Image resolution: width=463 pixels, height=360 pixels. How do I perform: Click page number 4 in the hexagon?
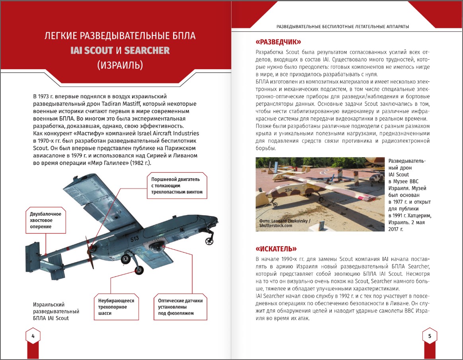(33, 336)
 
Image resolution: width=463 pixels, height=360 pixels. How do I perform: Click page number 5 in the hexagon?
(430, 336)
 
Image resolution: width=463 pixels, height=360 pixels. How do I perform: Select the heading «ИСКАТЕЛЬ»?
(276, 249)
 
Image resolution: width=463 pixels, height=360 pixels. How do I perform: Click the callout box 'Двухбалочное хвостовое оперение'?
(46, 220)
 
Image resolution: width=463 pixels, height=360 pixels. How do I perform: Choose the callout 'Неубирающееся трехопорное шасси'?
(116, 307)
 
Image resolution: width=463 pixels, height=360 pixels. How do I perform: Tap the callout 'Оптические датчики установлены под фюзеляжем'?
(180, 307)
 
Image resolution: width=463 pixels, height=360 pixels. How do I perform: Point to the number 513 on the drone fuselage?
(134, 239)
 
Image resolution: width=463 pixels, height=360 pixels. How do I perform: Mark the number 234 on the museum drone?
(288, 190)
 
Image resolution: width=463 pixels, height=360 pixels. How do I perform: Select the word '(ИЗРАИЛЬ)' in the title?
(120, 65)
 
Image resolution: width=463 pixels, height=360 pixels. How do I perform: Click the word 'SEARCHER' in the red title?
(147, 51)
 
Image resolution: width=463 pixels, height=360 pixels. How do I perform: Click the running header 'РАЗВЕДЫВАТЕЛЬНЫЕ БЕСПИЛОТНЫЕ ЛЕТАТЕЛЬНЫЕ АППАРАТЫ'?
(343, 27)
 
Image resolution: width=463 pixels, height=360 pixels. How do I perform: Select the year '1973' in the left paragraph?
(47, 97)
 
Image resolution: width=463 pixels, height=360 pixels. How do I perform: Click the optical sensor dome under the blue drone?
(157, 247)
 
